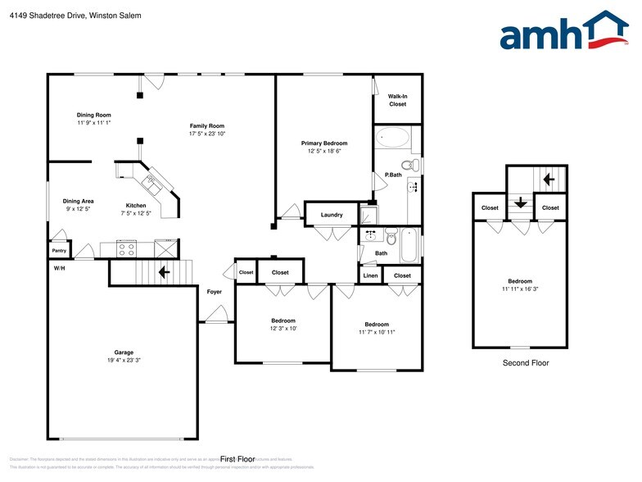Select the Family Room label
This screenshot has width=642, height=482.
(206, 126)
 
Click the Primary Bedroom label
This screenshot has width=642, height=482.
(323, 143)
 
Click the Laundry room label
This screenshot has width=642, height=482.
(332, 215)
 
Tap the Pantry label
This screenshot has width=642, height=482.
(59, 251)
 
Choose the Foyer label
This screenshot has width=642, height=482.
(215, 292)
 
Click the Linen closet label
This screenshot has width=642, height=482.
(370, 275)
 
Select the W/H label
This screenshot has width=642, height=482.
(59, 269)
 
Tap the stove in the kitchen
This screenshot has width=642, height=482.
(128, 247)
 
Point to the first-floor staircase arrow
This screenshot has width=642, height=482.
(164, 271)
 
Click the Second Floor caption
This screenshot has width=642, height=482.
(526, 362)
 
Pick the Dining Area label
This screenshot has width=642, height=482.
(79, 201)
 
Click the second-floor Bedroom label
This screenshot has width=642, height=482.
(519, 281)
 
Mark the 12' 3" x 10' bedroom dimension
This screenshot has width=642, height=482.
(283, 329)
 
